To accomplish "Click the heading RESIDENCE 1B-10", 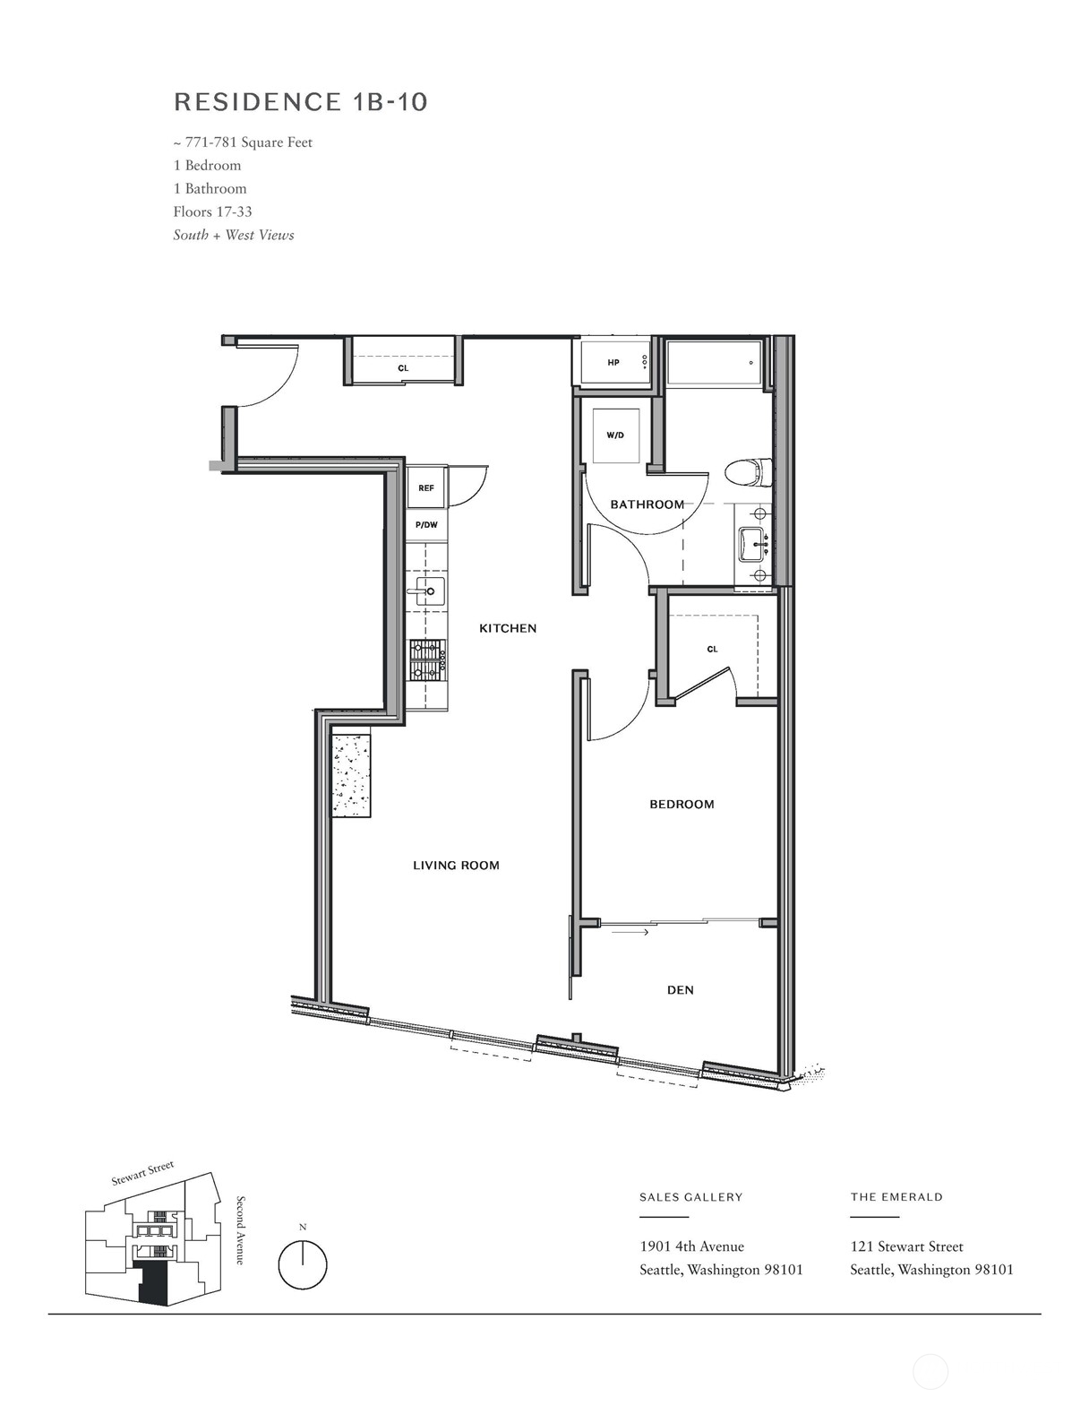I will tap(301, 102).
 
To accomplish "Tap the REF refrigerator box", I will tap(426, 488).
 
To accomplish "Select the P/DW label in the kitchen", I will tap(426, 525).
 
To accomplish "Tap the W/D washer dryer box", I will tap(615, 435).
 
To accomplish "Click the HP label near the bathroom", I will tap(613, 363).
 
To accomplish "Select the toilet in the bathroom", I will tap(748, 471).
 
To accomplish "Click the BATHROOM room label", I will tap(647, 504).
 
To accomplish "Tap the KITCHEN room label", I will tap(508, 628).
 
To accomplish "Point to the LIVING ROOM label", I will tap(456, 866).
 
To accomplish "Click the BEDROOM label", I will tap(682, 805).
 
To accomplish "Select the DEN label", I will tap(681, 990).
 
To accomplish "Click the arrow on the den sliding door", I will tap(631, 933).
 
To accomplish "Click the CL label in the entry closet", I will tap(403, 368).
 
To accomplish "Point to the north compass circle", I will tap(303, 1265).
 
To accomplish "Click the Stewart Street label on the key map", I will tap(142, 1174).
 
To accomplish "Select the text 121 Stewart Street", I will tap(906, 1246).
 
